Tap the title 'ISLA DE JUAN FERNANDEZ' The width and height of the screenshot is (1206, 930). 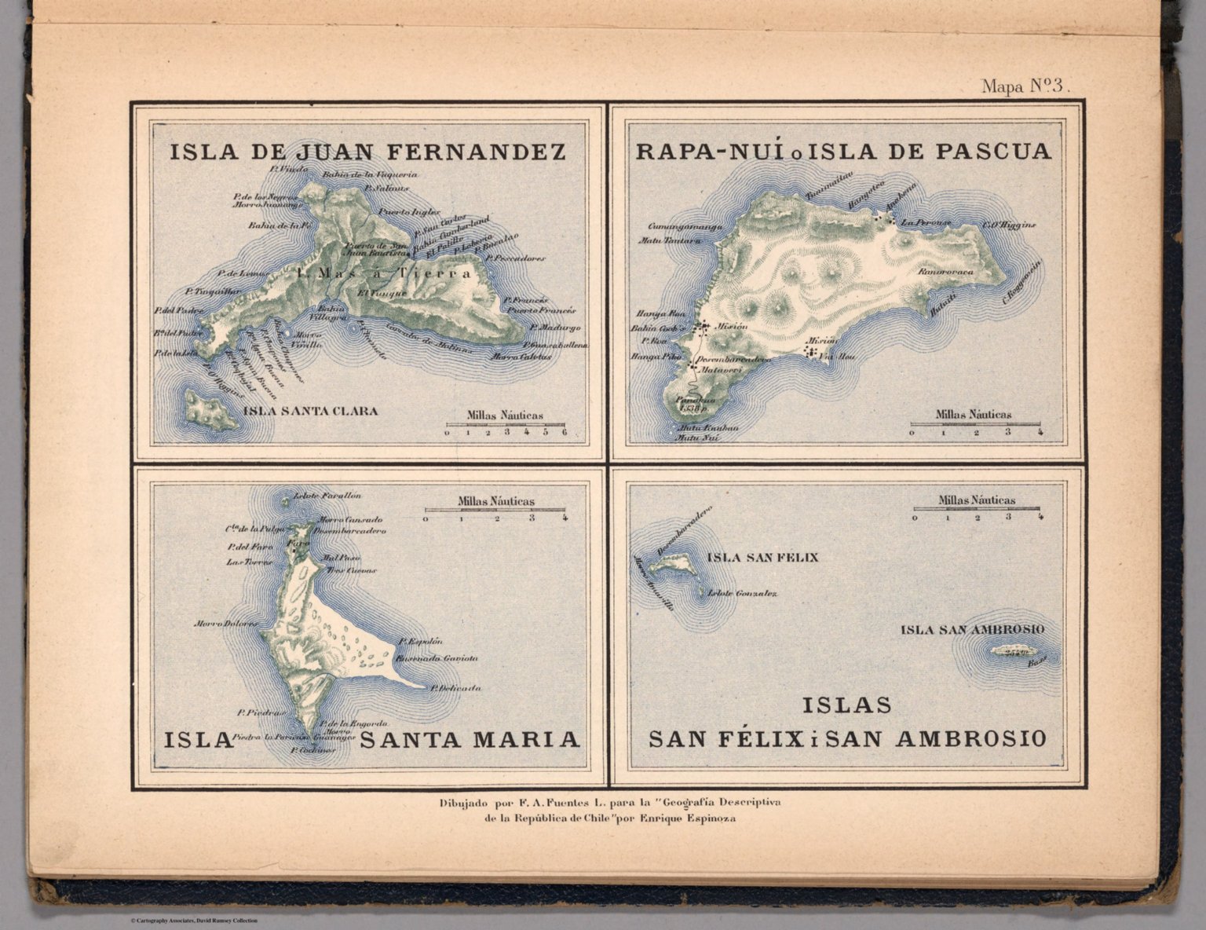point(367,152)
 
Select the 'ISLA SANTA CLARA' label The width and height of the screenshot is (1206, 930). point(311,411)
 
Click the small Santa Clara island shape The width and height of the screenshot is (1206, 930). point(211,409)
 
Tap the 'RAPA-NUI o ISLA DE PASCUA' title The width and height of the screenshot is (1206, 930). point(842,151)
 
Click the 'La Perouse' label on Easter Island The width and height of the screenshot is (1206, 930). point(927,222)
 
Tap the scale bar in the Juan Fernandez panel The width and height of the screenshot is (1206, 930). point(505,425)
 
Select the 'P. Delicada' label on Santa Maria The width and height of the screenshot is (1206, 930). point(455,688)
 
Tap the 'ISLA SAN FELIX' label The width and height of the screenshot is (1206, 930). point(762,558)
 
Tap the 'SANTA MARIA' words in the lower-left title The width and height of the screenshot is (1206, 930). point(470,739)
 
